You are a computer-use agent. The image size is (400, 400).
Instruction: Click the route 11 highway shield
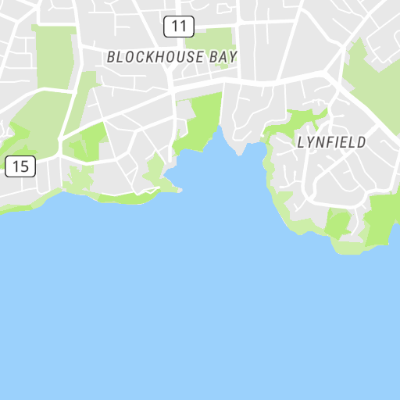179,27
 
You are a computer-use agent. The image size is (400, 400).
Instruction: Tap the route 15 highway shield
21,166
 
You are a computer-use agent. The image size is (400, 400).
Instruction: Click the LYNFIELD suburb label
331,142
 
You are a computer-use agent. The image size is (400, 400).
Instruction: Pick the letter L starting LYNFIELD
302,142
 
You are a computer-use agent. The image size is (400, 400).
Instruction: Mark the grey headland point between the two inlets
237,145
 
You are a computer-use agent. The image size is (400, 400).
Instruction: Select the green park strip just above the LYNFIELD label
295,121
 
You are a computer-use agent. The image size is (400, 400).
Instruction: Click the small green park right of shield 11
209,39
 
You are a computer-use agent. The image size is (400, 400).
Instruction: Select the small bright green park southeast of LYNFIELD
337,224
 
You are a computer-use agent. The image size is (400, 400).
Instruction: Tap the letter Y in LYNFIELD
310,142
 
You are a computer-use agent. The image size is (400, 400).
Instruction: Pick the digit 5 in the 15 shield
25,166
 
